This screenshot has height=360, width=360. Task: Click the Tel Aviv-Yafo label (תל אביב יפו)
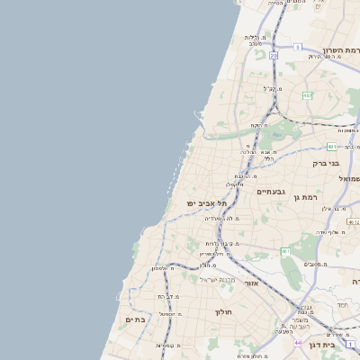tap(206, 203)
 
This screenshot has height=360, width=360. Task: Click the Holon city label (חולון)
tap(223, 311)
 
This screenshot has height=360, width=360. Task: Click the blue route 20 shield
tap(274, 56)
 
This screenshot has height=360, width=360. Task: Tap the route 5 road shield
tap(297, 46)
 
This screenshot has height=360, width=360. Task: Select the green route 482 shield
tap(307, 94)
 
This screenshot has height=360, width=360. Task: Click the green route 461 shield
tap(284, 251)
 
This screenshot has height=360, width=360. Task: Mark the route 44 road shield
tap(298, 342)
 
